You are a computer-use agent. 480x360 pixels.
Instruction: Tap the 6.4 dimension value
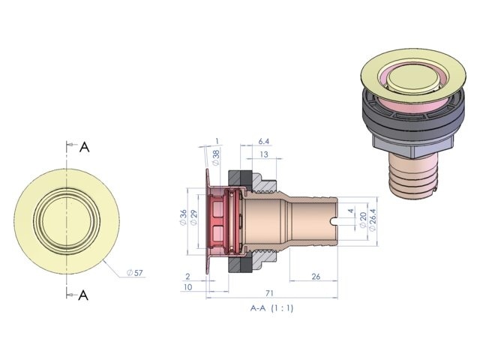pos(264,141)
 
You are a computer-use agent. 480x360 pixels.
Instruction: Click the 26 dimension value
pos(316,277)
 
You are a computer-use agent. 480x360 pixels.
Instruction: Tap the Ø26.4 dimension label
pos(373,218)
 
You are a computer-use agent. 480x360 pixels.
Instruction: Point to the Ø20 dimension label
pos(363,218)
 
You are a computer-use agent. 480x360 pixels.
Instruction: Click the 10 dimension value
pos(187,288)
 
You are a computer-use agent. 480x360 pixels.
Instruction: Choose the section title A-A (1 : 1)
pos(272,307)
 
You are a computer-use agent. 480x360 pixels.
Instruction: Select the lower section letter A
pos(83,295)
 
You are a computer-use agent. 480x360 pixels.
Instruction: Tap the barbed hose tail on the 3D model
pos(413,178)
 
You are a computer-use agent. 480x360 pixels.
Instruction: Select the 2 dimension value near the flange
pos(187,276)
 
